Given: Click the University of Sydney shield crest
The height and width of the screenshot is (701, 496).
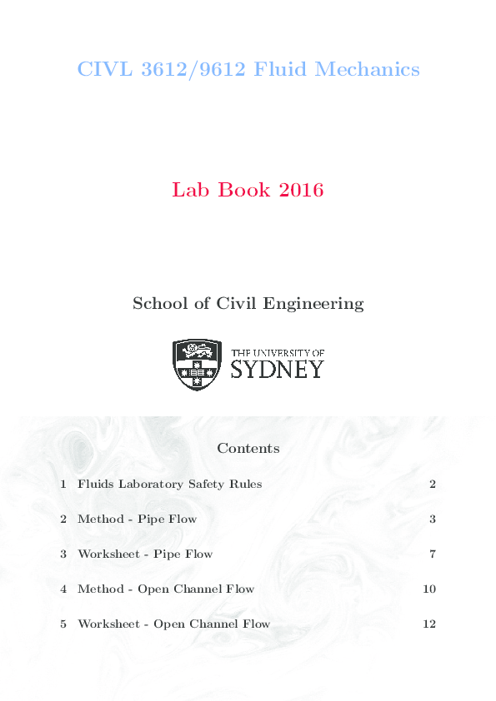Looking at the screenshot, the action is click(197, 365).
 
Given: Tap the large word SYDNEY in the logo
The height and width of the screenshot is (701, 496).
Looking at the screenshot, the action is click(277, 369).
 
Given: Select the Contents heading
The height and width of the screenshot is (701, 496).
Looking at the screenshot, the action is click(248, 448).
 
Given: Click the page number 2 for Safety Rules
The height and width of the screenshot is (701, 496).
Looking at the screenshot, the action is click(433, 484).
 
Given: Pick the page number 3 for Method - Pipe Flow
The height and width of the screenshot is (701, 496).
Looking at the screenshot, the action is click(433, 519).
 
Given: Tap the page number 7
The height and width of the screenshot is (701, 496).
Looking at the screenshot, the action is click(433, 554).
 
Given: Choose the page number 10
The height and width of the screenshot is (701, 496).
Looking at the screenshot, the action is click(429, 589).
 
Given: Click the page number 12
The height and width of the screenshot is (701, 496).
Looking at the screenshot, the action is click(429, 624).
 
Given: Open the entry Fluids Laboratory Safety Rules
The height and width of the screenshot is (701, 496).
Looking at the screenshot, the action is click(169, 484).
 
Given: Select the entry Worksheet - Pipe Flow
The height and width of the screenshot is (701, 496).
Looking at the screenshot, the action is click(145, 554).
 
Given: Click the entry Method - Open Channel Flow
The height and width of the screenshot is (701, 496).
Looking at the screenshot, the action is click(166, 589).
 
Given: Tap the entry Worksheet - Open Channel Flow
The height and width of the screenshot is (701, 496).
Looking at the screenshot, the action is click(173, 624).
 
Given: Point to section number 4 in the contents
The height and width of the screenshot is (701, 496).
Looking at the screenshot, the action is click(63, 589).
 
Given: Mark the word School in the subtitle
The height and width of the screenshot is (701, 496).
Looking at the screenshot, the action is click(157, 303).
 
